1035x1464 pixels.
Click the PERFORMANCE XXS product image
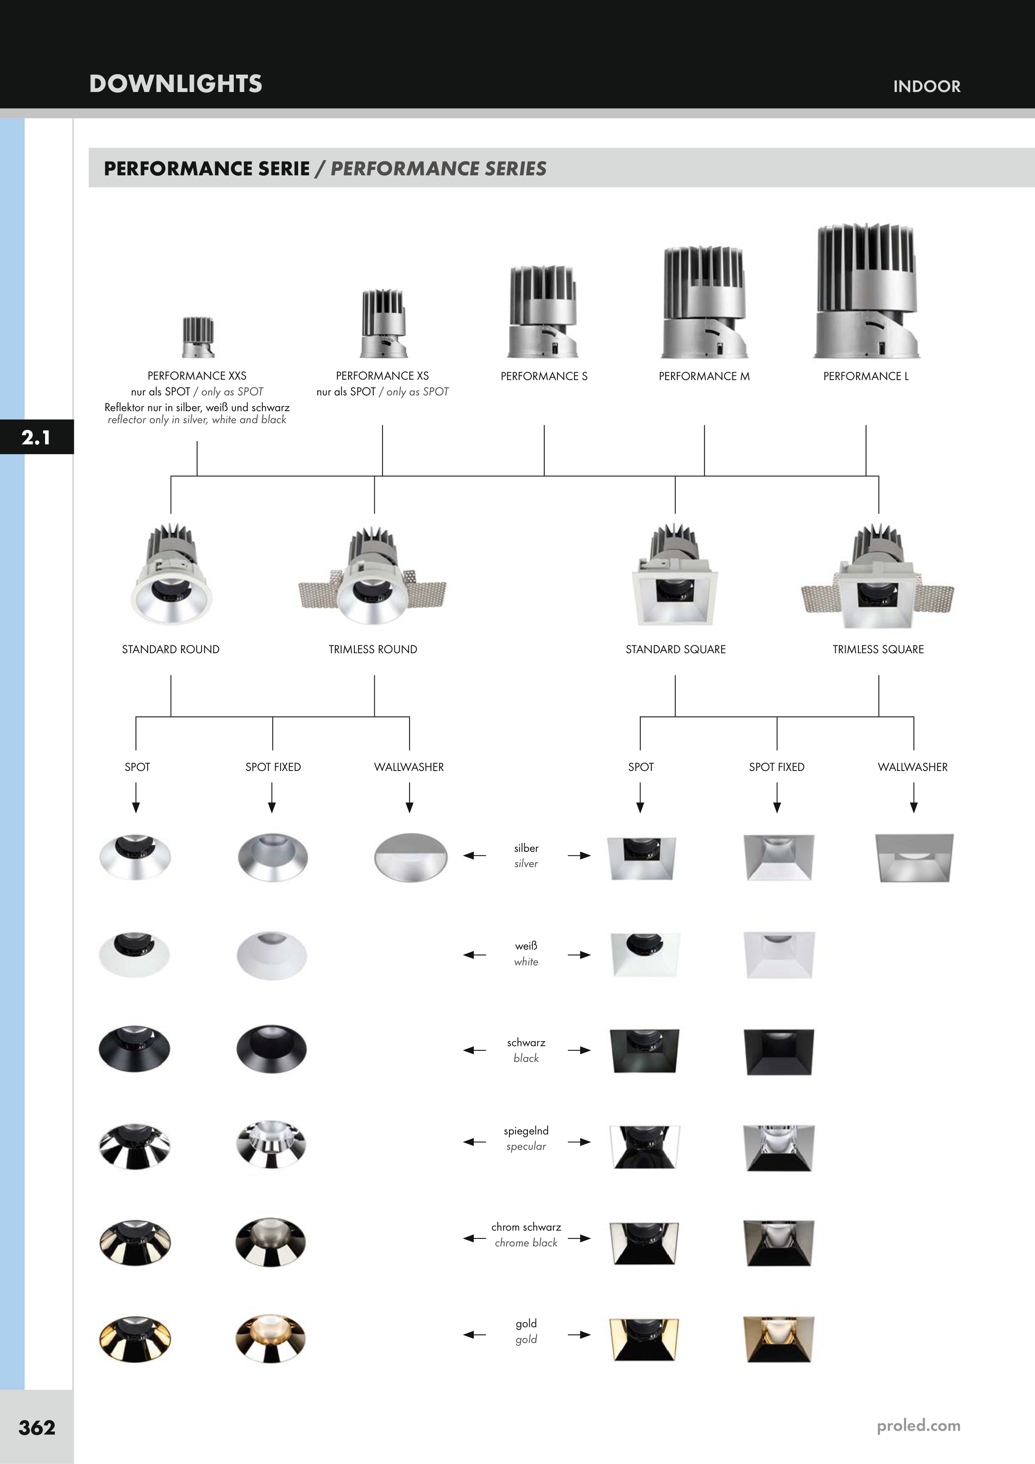tap(198, 337)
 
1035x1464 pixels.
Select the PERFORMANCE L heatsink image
tap(867, 291)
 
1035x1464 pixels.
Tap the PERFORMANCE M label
tap(704, 376)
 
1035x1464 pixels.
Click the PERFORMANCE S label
tap(544, 376)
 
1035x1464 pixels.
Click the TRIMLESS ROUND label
tap(373, 649)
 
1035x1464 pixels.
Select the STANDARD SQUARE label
tap(675, 649)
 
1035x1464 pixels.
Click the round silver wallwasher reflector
tap(410, 857)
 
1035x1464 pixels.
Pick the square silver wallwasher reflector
tap(914, 858)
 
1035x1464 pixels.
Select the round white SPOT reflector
tap(135, 955)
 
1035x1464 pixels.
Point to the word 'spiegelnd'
tap(526, 1130)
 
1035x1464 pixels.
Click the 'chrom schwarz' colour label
tap(526, 1227)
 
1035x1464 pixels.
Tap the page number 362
tap(37, 1427)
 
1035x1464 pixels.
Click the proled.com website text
tap(918, 1425)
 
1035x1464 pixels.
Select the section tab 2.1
tap(36, 437)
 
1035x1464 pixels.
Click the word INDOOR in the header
tap(926, 86)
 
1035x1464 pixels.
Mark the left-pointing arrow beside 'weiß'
tap(475, 955)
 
